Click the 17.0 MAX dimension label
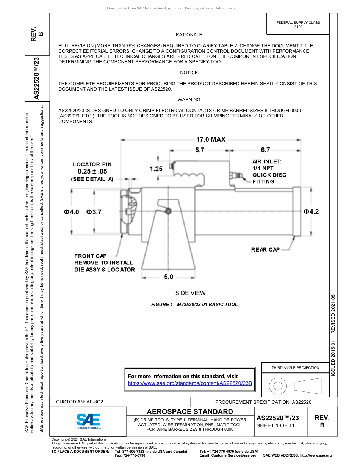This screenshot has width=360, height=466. [x=211, y=139]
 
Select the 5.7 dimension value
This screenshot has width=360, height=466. [x=200, y=150]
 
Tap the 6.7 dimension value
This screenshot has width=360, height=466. [x=265, y=150]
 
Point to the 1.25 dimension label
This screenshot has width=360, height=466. [x=156, y=169]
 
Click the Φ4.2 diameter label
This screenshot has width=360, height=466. [x=311, y=211]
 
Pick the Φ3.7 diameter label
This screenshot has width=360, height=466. [x=94, y=212]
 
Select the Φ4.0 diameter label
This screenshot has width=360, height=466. [x=71, y=212]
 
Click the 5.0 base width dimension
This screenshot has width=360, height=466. [x=169, y=277]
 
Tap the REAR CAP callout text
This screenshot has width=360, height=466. [x=265, y=249]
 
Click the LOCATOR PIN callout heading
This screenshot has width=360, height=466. [x=92, y=164]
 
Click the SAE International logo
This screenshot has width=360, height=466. [x=88, y=421]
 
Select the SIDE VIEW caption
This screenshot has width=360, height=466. [x=190, y=293]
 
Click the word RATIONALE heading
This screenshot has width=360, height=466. [x=189, y=35]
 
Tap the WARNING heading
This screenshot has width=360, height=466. [x=189, y=100]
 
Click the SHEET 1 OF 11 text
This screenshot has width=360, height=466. [x=275, y=425]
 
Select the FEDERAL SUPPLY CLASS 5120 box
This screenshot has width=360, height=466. [x=298, y=25]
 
